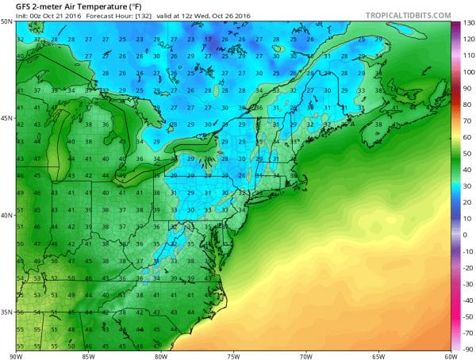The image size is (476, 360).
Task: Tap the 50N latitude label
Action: [x=6, y=21]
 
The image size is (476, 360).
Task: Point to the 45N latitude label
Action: [x=6, y=118]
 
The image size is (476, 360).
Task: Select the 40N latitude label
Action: [x=6, y=215]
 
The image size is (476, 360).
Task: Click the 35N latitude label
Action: [x=6, y=312]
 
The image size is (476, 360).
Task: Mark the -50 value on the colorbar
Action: [x=467, y=290]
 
